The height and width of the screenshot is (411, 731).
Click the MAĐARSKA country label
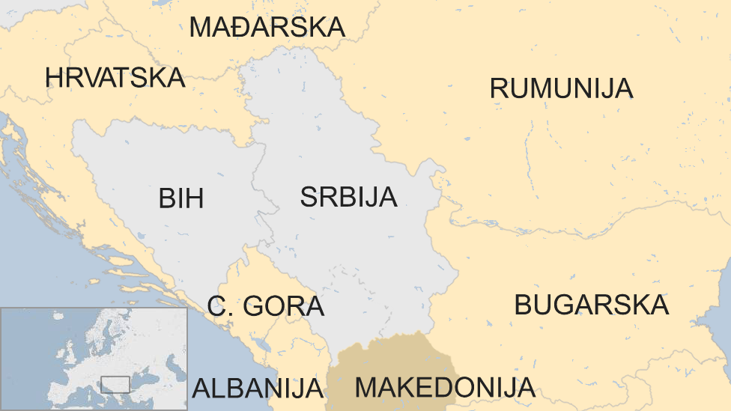(x=267, y=27)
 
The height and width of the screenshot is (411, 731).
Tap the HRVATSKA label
(x=115, y=77)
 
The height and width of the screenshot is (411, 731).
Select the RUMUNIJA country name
(x=561, y=88)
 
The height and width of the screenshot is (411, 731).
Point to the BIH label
(x=181, y=198)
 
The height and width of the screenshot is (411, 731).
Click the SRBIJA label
(x=348, y=197)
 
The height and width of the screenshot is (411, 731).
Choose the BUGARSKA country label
(x=591, y=305)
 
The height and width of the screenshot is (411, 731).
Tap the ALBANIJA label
(x=258, y=389)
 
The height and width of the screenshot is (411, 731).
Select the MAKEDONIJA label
(x=445, y=388)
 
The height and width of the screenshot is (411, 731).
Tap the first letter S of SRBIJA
(x=309, y=197)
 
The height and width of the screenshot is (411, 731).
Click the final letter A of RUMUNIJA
(x=623, y=88)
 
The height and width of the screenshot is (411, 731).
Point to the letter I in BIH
(x=181, y=198)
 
